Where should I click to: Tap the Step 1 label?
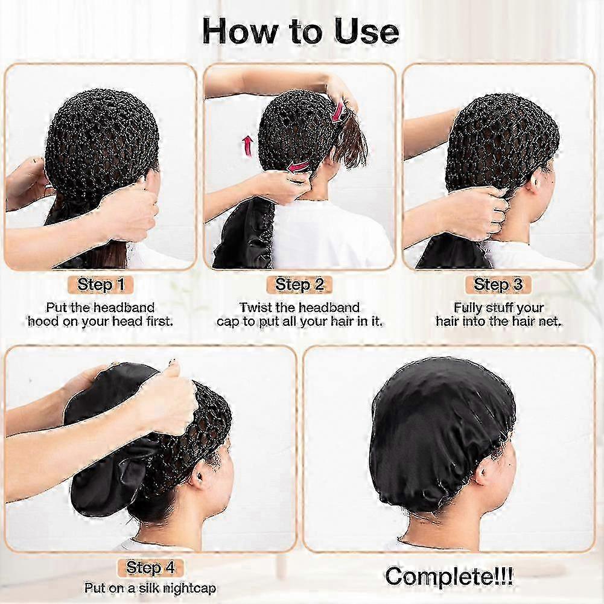click(x=101, y=285)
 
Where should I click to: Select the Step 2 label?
click(x=299, y=285)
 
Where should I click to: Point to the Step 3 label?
click(x=498, y=285)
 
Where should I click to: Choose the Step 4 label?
click(x=150, y=568)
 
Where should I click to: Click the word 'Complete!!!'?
click(x=449, y=577)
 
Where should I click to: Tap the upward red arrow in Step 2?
click(x=247, y=145)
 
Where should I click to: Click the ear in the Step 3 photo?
click(x=535, y=179)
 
